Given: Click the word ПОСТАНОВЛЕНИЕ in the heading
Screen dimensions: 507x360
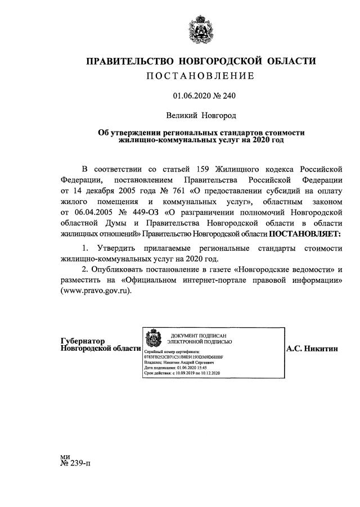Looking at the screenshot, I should (200, 76).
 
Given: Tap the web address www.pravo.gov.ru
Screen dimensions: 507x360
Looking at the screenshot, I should (96, 291).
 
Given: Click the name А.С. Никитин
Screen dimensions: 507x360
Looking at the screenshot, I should (312, 348).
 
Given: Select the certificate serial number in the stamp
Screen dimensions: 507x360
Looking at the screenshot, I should (183, 356).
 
